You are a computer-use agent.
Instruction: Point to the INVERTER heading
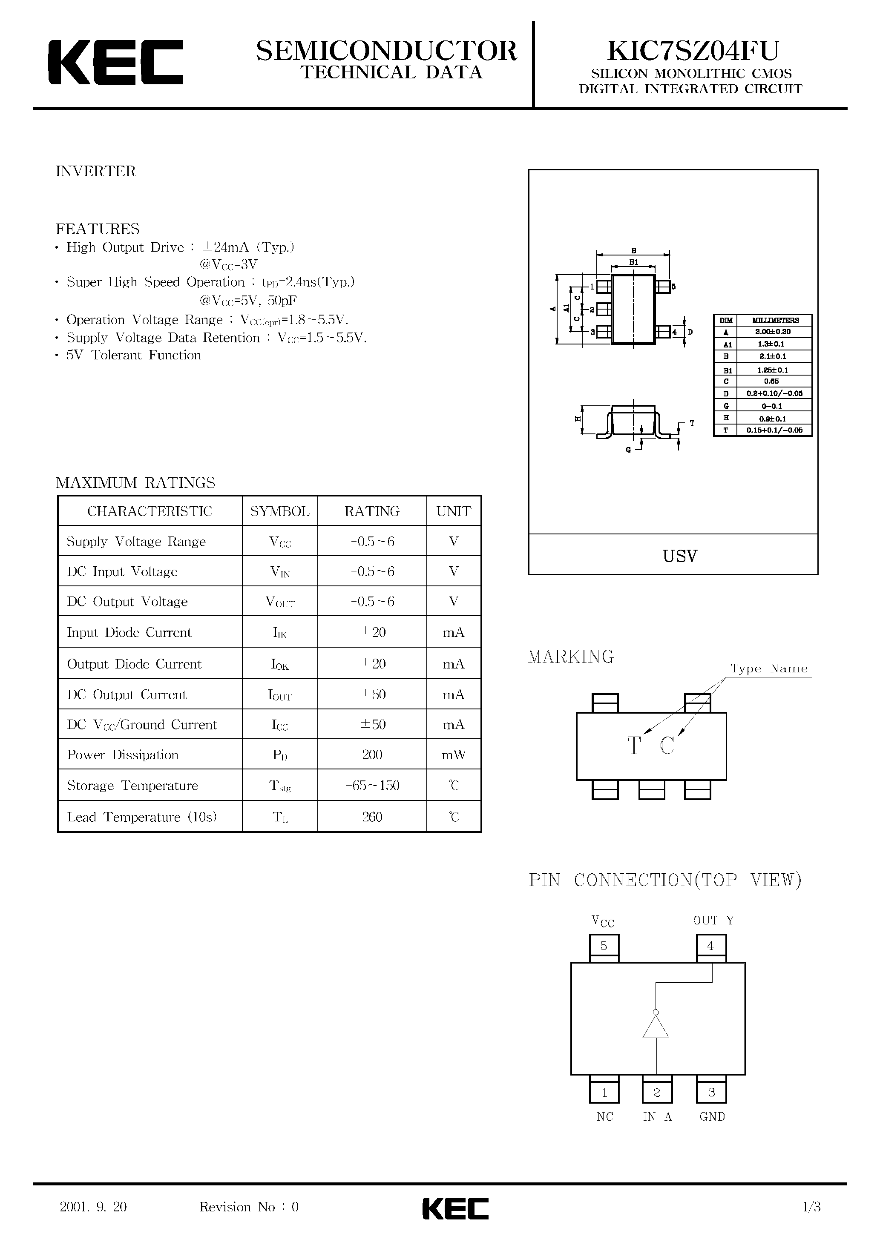click(x=95, y=171)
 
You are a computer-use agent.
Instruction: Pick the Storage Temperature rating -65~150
click(x=372, y=785)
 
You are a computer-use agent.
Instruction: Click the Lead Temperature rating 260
click(x=372, y=817)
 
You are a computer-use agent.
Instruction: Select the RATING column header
click(x=372, y=511)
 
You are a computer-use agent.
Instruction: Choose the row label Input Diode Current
click(x=129, y=632)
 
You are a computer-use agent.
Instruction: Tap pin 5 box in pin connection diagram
click(x=604, y=946)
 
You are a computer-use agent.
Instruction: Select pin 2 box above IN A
click(x=656, y=1092)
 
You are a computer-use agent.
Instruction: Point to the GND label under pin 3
click(x=712, y=1117)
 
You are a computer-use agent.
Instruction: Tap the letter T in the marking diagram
click(x=634, y=746)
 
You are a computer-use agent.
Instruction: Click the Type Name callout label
click(x=769, y=668)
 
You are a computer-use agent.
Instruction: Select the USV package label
click(x=680, y=556)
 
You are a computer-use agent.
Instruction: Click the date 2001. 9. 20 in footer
click(x=93, y=1207)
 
